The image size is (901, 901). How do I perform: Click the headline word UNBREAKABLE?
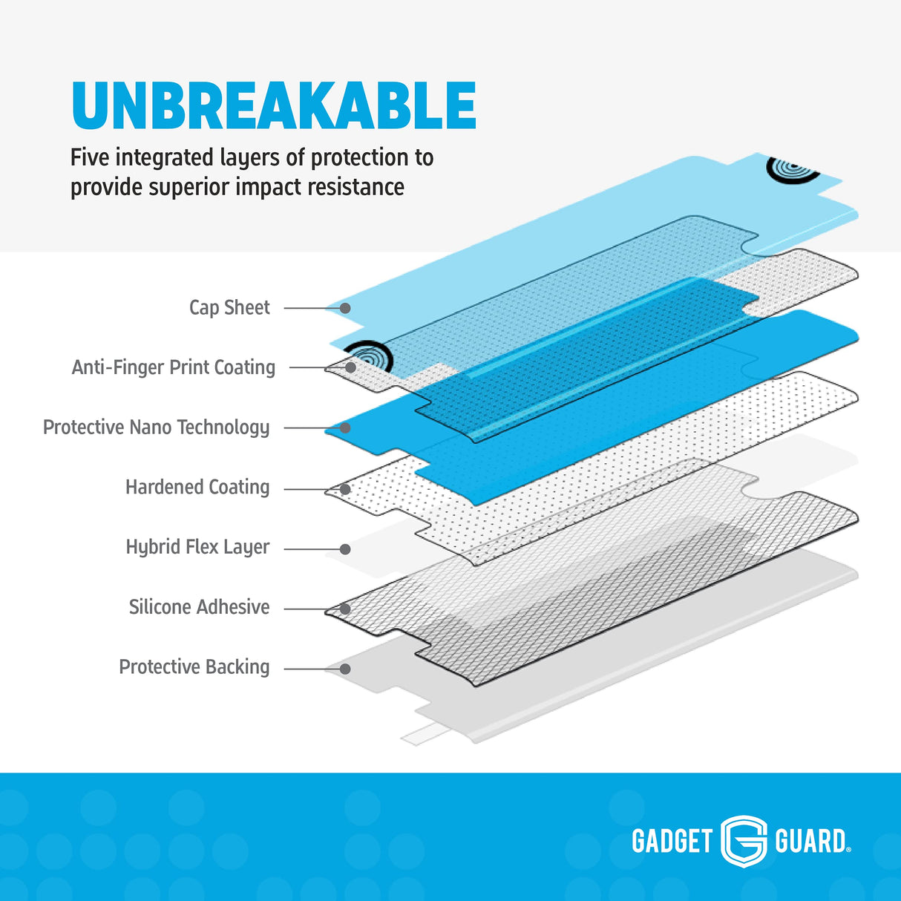pyautogui.click(x=274, y=105)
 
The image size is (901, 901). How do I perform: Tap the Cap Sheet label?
pyautogui.click(x=229, y=307)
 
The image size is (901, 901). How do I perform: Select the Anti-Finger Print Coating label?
pyautogui.click(x=174, y=367)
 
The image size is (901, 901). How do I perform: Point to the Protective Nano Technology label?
pyautogui.click(x=156, y=427)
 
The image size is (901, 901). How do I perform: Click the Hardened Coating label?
pyautogui.click(x=197, y=487)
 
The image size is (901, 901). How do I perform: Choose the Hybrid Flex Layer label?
pyautogui.click(x=197, y=547)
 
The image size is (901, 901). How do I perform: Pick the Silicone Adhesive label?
pyautogui.click(x=199, y=607)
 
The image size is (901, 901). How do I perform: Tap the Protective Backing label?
pyautogui.click(x=194, y=667)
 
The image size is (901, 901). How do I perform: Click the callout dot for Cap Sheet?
pyautogui.click(x=345, y=308)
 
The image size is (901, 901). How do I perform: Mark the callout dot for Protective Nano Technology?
pyautogui.click(x=345, y=428)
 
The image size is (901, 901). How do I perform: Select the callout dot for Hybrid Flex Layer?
pyautogui.click(x=345, y=549)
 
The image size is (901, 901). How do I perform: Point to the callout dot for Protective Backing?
pyautogui.click(x=345, y=669)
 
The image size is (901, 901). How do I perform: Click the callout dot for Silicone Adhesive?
pyautogui.click(x=345, y=609)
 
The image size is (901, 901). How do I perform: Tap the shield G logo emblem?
pyautogui.click(x=744, y=841)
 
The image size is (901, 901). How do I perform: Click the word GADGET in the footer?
pyautogui.click(x=672, y=842)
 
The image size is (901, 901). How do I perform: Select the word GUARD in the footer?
pyautogui.click(x=810, y=842)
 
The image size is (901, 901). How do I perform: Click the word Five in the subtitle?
pyautogui.click(x=90, y=157)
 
